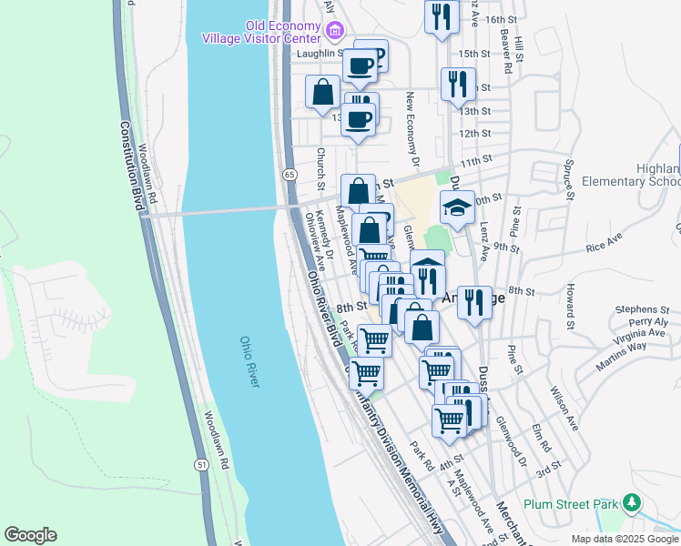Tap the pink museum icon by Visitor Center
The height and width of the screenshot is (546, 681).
pyautogui.click(x=334, y=33)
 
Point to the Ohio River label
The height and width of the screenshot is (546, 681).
pyautogui.click(x=249, y=361)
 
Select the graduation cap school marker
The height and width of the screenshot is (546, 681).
pyautogui.click(x=457, y=208)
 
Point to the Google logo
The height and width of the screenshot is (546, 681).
pyautogui.click(x=30, y=535)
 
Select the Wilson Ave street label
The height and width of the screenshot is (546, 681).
pyautogui.click(x=564, y=409)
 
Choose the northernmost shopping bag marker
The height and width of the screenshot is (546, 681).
pyautogui.click(x=323, y=92)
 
